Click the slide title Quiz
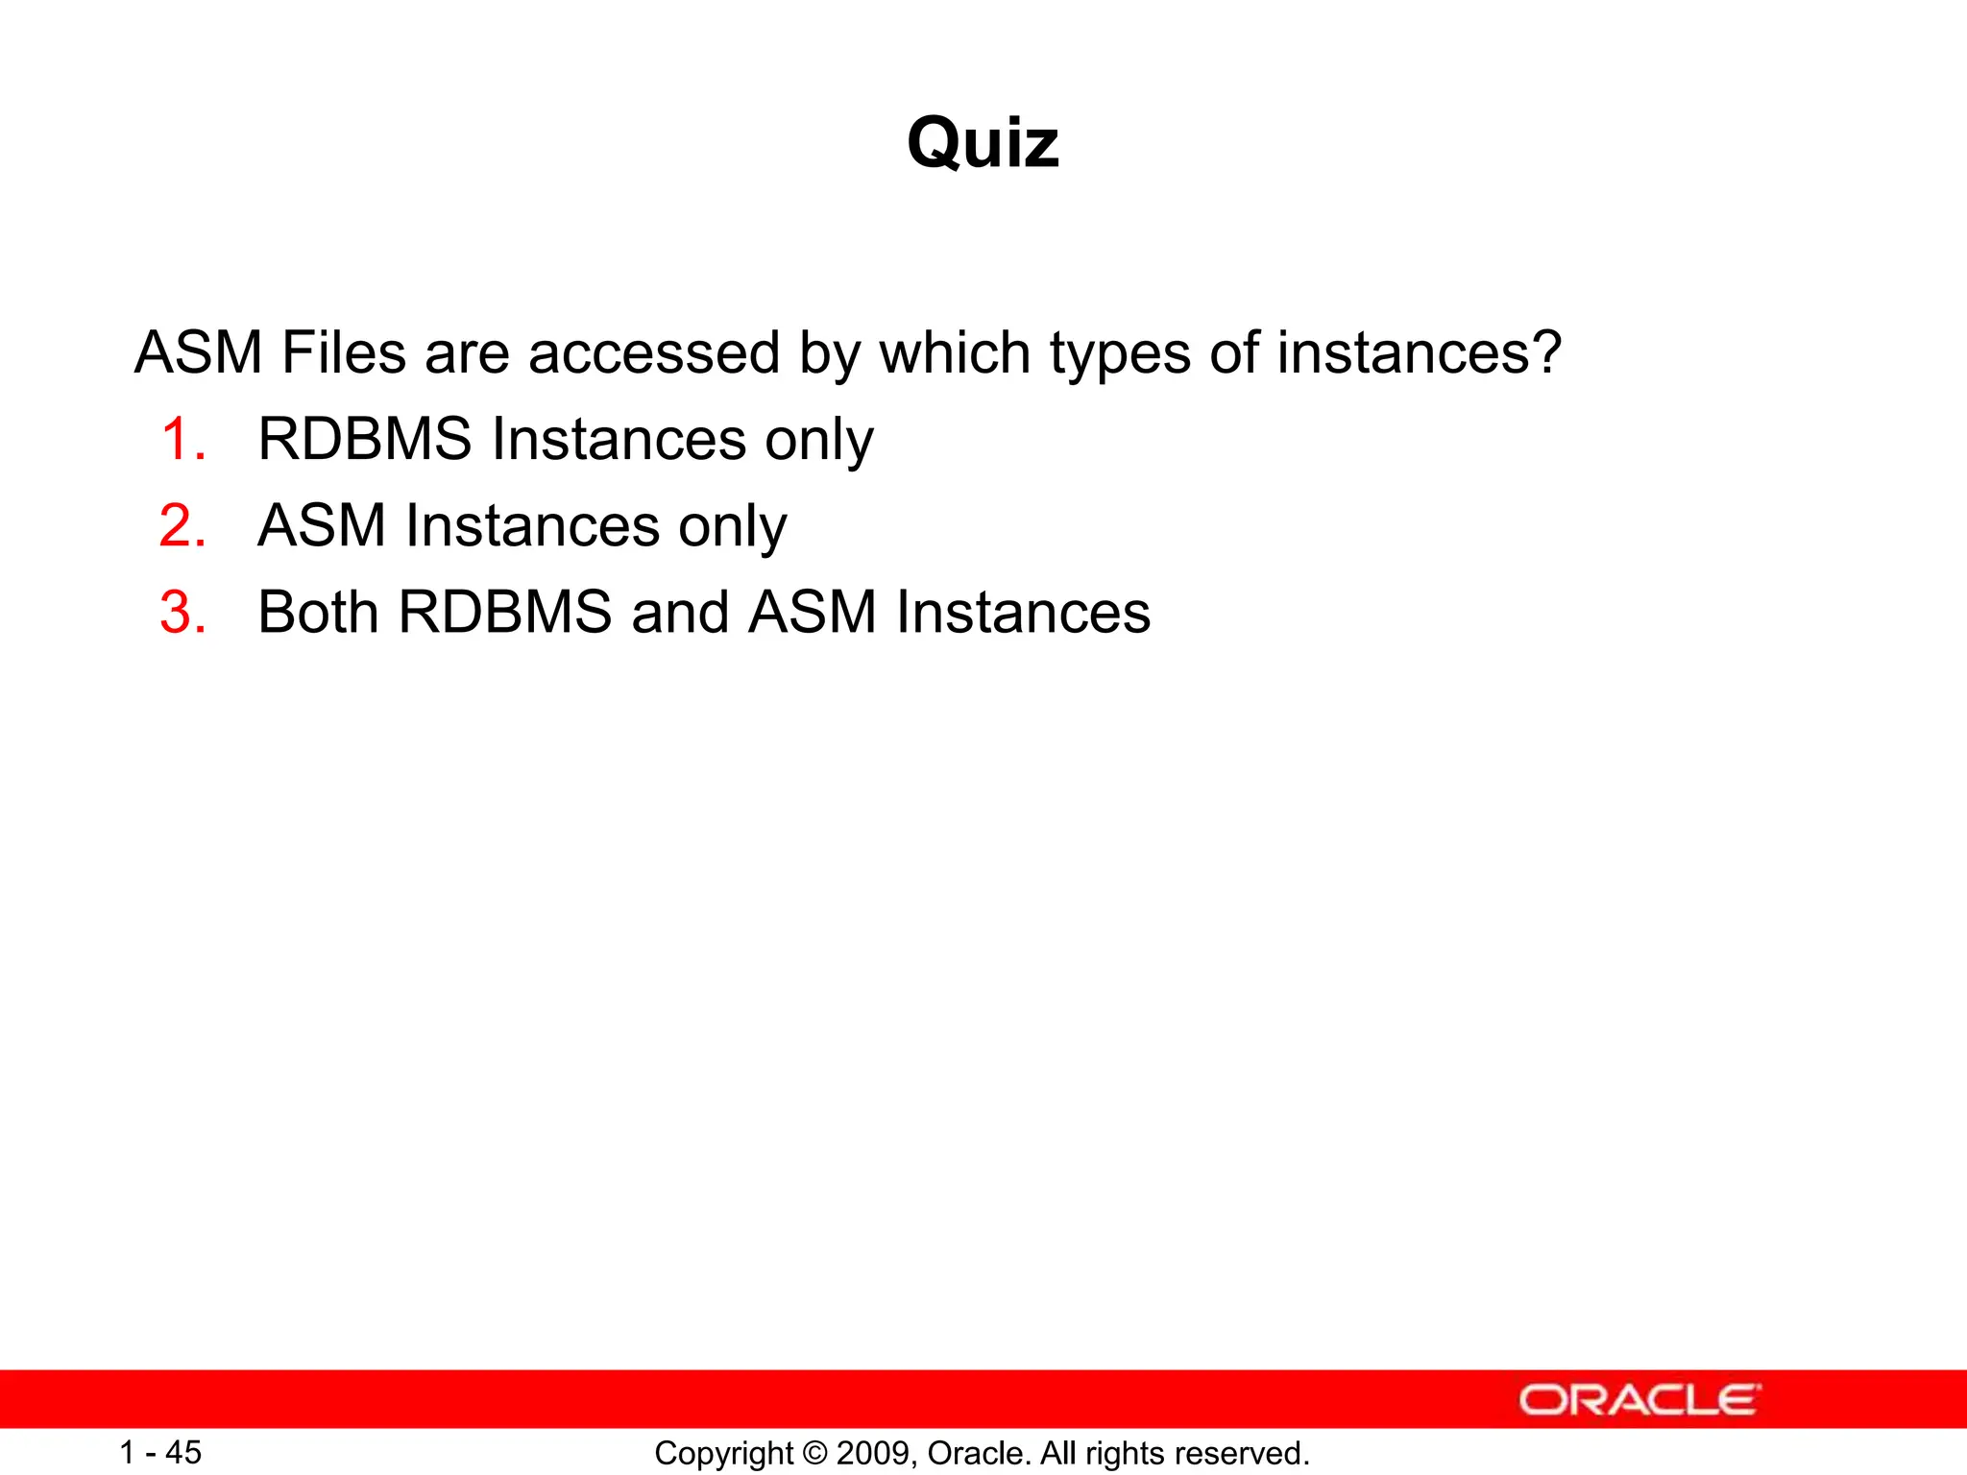tap(983, 143)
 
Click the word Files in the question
tap(343, 352)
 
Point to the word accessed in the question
tap(653, 352)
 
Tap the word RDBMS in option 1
tap(365, 440)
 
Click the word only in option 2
tap(732, 528)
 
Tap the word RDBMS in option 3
tap(505, 613)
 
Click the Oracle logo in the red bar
tap(1639, 1400)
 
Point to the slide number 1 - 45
tap(160, 1452)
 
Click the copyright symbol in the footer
tap(815, 1453)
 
